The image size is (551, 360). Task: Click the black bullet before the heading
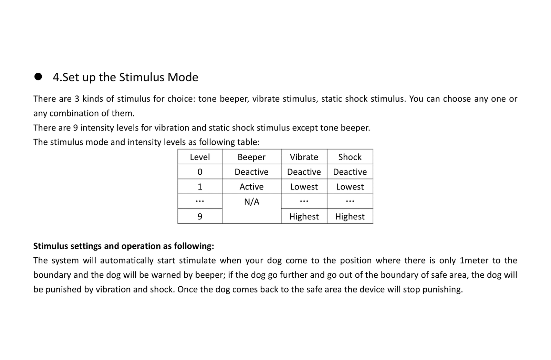pos(38,77)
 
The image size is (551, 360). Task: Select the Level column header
pos(200,157)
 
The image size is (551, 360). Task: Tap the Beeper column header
pos(251,157)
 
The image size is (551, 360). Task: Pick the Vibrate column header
pos(304,157)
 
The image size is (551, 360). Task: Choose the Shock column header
pos(350,157)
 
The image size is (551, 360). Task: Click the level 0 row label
pos(200,172)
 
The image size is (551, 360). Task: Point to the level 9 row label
pos(200,217)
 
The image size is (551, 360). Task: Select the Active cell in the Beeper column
pos(251,187)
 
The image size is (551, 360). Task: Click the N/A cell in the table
pos(251,202)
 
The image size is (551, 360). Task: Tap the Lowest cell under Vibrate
pos(304,187)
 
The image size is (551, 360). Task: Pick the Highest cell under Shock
pos(350,217)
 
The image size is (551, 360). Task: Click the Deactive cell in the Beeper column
pos(251,172)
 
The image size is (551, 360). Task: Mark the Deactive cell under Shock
pos(350,172)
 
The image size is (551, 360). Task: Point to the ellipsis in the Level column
pos(200,201)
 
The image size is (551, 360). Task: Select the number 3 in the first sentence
pos(77,99)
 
